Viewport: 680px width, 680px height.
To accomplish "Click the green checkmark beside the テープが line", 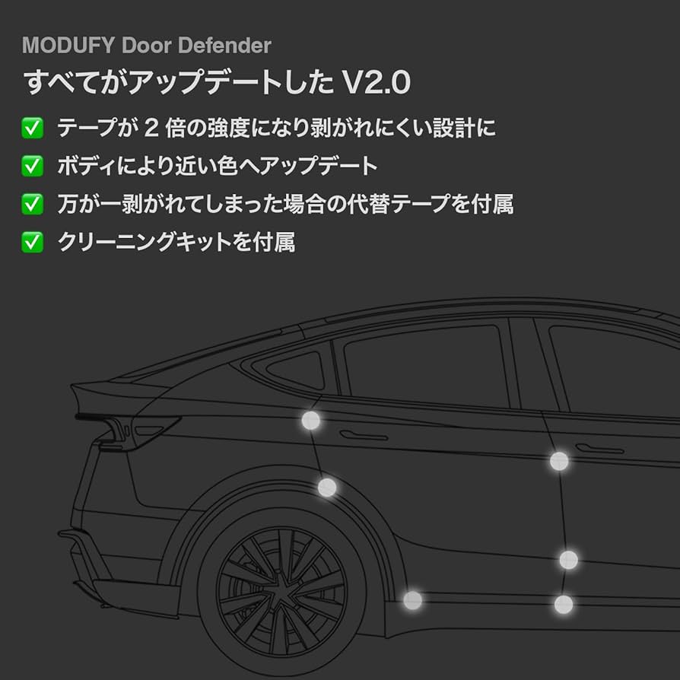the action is [32, 127].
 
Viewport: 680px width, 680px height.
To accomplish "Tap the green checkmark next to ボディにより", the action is [32, 165].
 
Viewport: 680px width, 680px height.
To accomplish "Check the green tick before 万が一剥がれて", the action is [32, 204].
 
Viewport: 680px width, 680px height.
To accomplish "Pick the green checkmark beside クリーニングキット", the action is [32, 242].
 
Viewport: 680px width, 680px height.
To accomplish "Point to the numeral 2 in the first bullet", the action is [151, 127].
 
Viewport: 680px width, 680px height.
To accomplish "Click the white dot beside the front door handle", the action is [559, 460].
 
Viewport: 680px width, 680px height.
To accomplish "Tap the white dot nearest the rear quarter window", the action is [311, 420].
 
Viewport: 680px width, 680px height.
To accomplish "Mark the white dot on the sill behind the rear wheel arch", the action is [412, 600].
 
